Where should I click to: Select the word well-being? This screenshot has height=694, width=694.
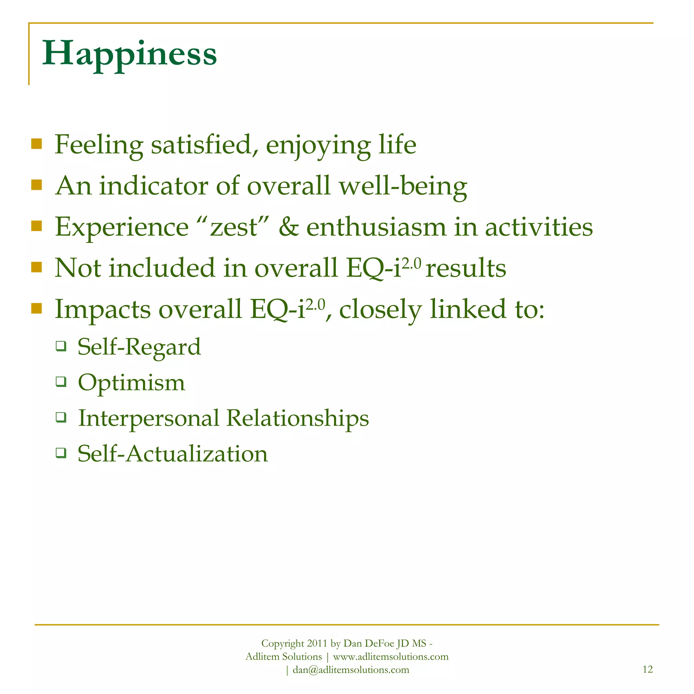pos(403,186)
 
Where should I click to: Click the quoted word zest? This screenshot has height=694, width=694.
pos(234,227)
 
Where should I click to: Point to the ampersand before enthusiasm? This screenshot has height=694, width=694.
pos(288,227)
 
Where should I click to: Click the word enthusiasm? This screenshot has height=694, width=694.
pos(376,227)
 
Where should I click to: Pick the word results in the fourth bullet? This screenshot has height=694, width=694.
pos(466,268)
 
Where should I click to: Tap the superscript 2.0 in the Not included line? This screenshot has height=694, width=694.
pos(411,263)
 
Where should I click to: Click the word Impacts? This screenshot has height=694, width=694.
pos(103,309)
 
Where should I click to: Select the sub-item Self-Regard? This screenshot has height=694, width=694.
pos(139,347)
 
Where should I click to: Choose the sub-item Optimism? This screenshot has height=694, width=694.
pos(131,383)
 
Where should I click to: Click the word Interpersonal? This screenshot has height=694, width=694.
pos(149,418)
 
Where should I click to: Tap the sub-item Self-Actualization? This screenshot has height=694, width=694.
pos(173,454)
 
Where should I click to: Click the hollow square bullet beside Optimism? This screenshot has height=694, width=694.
pos(61,382)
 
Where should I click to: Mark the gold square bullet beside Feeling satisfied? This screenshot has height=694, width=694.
pos(37,144)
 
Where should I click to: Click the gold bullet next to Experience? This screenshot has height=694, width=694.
pos(37,226)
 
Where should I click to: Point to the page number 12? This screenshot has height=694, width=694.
pos(647,669)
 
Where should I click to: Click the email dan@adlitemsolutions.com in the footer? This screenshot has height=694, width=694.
pos(351,670)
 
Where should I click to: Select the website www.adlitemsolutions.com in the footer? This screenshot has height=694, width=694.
pos(391,657)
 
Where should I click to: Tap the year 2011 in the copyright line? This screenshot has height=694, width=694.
pos(317,644)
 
